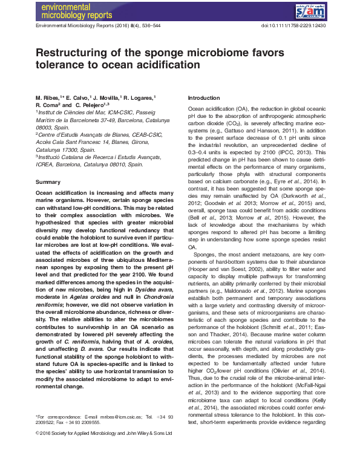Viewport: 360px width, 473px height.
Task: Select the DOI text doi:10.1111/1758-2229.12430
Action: click(292, 27)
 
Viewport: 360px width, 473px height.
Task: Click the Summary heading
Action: click(48, 182)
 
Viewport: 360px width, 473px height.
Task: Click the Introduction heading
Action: click(205, 98)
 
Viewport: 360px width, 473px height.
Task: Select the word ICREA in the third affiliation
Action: click(47, 164)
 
